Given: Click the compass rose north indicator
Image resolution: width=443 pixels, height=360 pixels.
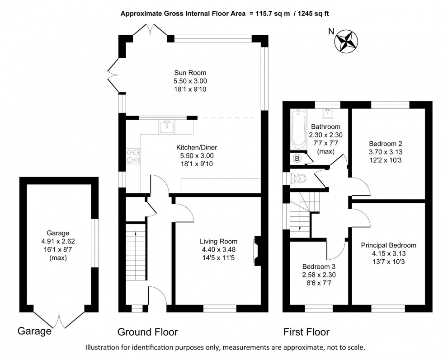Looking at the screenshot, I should (x=346, y=41).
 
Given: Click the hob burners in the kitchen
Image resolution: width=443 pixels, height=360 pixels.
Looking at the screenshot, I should (x=134, y=156).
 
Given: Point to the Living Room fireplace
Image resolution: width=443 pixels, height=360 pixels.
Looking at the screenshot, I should (x=257, y=250).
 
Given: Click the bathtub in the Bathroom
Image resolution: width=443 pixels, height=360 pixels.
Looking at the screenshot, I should (x=298, y=129).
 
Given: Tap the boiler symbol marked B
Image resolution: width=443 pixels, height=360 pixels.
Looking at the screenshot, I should (x=297, y=159).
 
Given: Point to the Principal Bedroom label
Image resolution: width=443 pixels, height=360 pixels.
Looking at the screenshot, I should (x=388, y=245).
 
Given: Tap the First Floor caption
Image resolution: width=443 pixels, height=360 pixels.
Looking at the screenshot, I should (x=306, y=332).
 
